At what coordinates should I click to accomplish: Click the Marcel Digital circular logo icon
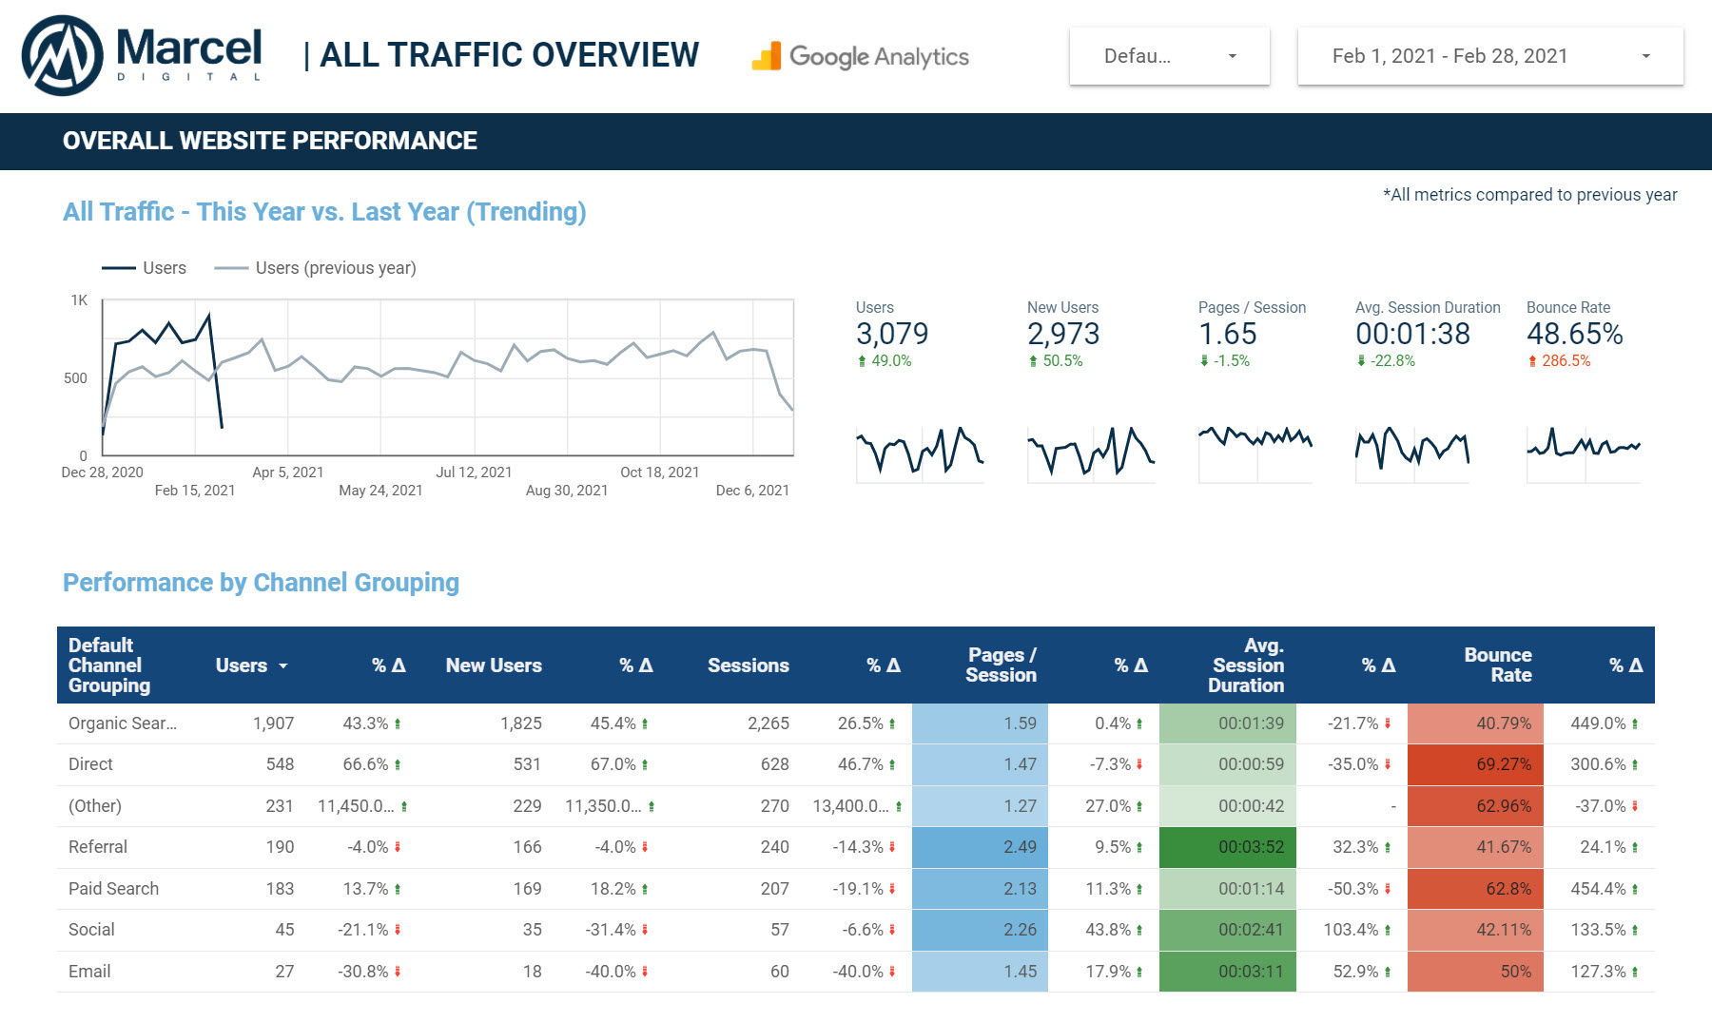click(x=63, y=55)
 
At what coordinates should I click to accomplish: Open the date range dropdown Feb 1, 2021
click(x=1489, y=56)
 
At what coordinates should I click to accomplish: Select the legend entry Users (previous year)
click(x=335, y=268)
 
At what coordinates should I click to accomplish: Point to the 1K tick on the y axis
click(x=79, y=300)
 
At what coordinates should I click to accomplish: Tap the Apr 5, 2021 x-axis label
click(x=287, y=472)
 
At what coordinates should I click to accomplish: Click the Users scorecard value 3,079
click(x=891, y=334)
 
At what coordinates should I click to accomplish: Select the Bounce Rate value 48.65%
click(x=1574, y=334)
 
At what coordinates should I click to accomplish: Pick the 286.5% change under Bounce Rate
click(x=1566, y=361)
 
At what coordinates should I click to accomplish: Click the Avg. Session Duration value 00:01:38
click(x=1412, y=334)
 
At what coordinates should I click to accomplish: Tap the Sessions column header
click(x=748, y=665)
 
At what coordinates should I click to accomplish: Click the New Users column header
click(x=494, y=665)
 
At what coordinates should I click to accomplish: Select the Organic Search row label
click(x=123, y=723)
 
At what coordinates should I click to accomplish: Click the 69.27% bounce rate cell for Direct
click(x=1503, y=764)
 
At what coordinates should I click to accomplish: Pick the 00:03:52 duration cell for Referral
click(x=1251, y=847)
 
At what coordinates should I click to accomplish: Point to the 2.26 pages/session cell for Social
click(x=1020, y=930)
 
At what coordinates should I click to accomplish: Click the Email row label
click(x=89, y=972)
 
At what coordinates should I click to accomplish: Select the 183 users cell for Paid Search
click(x=280, y=889)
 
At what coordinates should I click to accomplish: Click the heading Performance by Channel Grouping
click(x=261, y=583)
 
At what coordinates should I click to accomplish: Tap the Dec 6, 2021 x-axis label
click(x=752, y=491)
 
